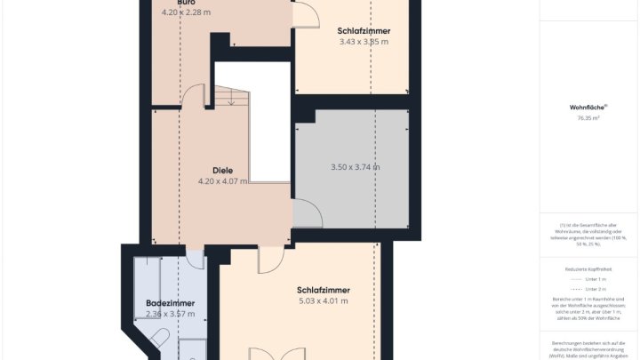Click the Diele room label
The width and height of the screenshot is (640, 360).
coord(222,170)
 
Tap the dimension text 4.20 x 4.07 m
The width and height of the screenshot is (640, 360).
coord(222,180)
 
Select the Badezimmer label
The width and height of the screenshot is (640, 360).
coord(170,303)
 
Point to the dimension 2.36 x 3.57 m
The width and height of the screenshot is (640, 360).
coord(170,314)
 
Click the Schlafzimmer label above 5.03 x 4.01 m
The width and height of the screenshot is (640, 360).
coord(323,290)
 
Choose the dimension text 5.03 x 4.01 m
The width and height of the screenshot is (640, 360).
coord(323,300)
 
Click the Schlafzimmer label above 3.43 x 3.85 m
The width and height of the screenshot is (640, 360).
coord(364,31)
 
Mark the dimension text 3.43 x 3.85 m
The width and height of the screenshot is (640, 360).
coord(364,42)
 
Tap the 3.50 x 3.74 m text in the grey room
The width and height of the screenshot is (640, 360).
coord(355,167)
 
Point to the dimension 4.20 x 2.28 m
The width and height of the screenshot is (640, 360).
coord(186,12)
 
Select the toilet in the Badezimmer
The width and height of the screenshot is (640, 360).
coord(160,338)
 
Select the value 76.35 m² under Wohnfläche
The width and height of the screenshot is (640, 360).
coord(588,117)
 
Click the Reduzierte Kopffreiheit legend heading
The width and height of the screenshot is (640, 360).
coord(588,268)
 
